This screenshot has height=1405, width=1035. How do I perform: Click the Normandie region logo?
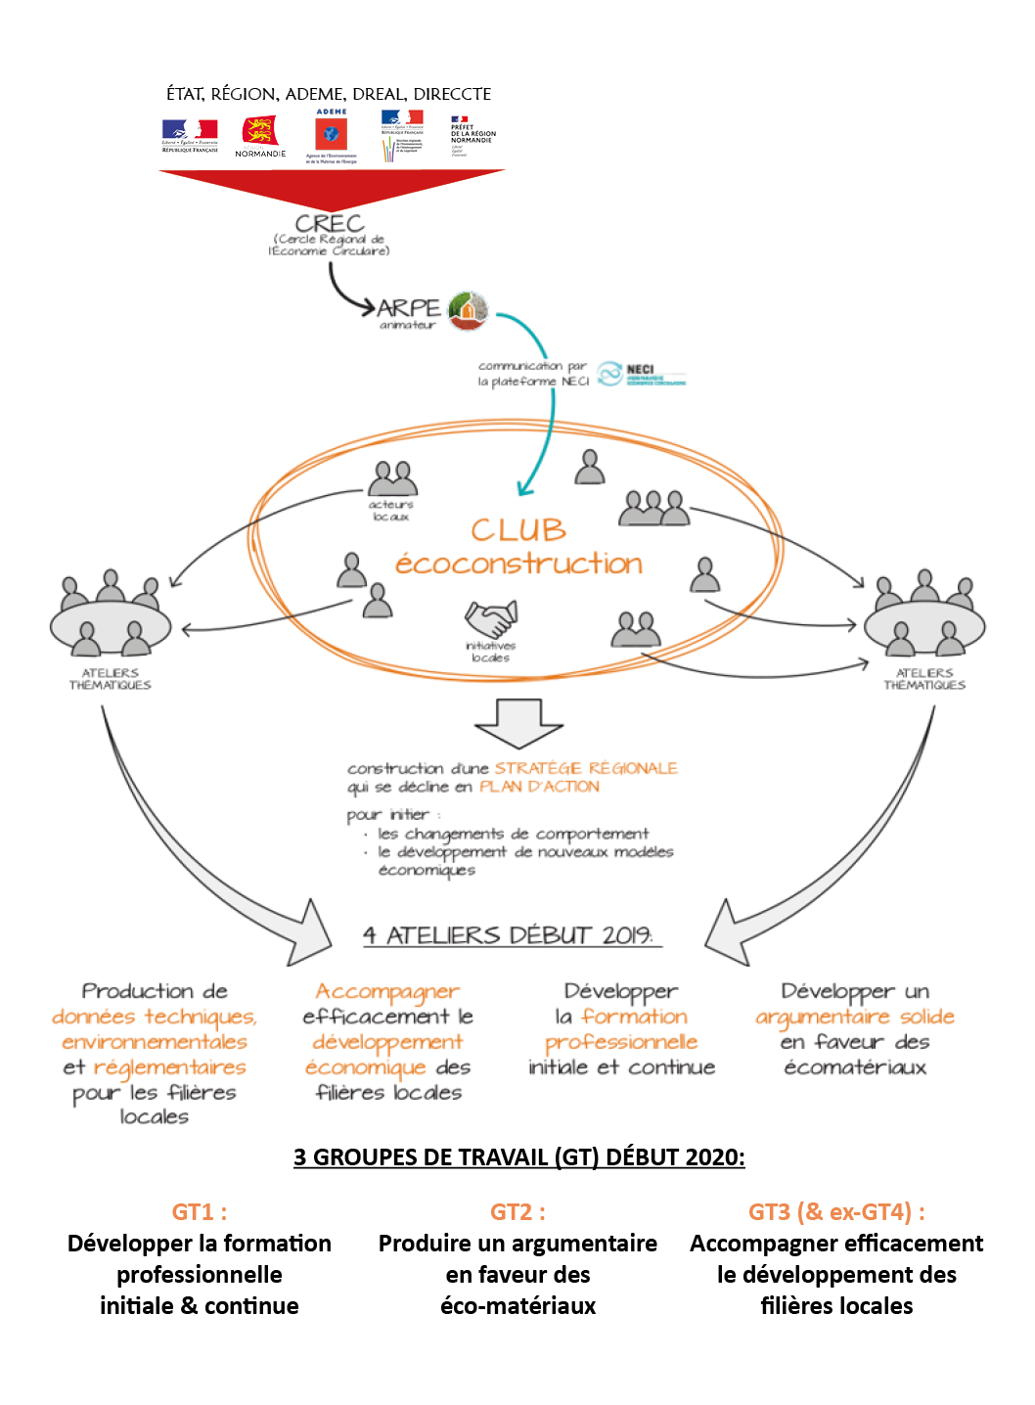tap(260, 135)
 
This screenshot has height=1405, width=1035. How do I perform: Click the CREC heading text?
tap(330, 223)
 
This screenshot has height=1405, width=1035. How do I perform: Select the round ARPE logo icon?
tap(468, 311)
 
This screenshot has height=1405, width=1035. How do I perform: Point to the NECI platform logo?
tap(641, 374)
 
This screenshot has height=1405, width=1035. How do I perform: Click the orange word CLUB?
tap(518, 529)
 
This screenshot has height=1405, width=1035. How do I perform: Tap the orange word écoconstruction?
tap(518, 564)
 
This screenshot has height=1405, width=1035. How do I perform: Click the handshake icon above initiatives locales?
tap(490, 619)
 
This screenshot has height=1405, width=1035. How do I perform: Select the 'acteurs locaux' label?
tap(391, 511)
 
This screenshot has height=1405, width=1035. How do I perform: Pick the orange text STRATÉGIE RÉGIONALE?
tap(586, 768)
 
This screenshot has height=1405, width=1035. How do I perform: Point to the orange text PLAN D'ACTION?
tap(539, 787)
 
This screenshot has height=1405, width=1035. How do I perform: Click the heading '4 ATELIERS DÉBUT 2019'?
tap(509, 935)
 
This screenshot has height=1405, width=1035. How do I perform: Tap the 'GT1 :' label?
tap(200, 1212)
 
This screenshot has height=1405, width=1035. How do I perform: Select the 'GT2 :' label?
tap(518, 1212)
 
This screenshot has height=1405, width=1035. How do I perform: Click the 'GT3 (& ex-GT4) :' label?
tap(836, 1212)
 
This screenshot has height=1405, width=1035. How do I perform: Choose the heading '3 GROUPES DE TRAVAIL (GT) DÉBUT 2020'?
tap(518, 1157)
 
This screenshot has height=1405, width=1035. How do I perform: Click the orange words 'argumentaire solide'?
tap(855, 1017)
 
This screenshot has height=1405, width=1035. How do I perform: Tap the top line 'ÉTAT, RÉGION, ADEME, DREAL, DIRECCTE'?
tap(329, 94)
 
